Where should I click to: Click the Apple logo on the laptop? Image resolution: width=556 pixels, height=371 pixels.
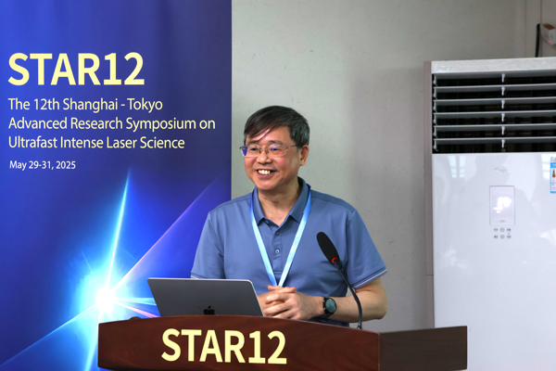pyautogui.click(x=209, y=311)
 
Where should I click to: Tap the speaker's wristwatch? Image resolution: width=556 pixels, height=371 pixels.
pyautogui.click(x=329, y=306)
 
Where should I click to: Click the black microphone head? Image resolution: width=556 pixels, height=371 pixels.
pyautogui.click(x=328, y=248)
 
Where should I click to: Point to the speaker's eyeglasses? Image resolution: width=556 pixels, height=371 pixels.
pyautogui.click(x=269, y=150)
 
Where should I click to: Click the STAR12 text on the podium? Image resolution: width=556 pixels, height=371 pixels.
pyautogui.click(x=223, y=346)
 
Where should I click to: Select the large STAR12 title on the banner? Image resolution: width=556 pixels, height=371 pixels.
pyautogui.click(x=76, y=70)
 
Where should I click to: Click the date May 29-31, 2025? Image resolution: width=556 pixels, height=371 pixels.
pyautogui.click(x=43, y=165)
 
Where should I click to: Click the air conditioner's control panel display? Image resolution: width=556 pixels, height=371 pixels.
pyautogui.click(x=501, y=205)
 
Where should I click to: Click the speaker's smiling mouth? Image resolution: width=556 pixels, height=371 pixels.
pyautogui.click(x=265, y=173)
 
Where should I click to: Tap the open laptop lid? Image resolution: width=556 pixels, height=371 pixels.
pyautogui.click(x=205, y=298)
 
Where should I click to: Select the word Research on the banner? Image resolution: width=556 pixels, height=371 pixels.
pyautogui.click(x=96, y=124)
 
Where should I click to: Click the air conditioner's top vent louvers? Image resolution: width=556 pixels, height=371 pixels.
pyautogui.click(x=494, y=110)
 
